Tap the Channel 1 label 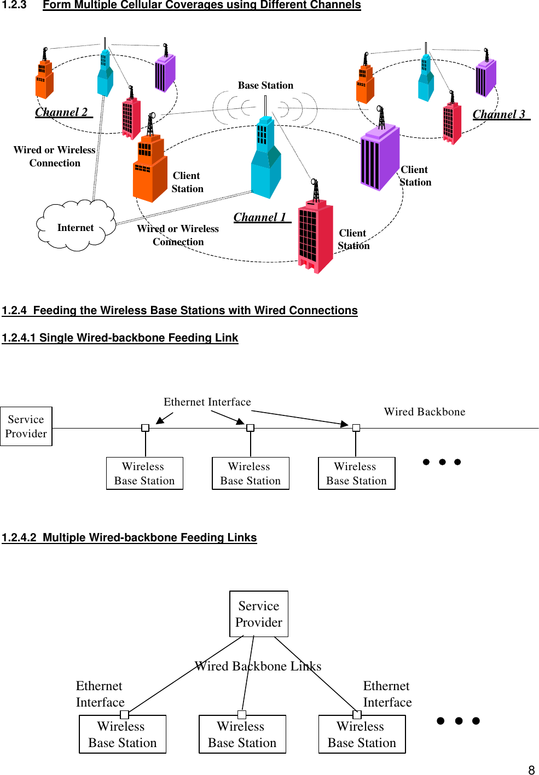tap(260, 217)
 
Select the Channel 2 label tap(62, 112)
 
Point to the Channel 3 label tap(499, 114)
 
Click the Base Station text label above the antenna tap(265, 85)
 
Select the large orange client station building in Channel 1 tap(149, 170)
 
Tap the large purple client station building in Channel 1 tap(380, 159)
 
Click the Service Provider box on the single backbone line tap(26, 426)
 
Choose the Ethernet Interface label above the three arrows tap(207, 402)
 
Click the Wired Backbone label tap(425, 412)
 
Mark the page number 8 tap(531, 770)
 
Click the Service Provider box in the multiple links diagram tap(259, 614)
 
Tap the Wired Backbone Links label tap(258, 666)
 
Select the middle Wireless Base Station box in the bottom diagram tap(242, 734)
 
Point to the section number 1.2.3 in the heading tap(14, 5)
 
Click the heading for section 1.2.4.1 tap(120, 338)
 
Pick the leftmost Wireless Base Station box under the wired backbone tap(144, 473)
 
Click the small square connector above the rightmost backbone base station tap(356, 428)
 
